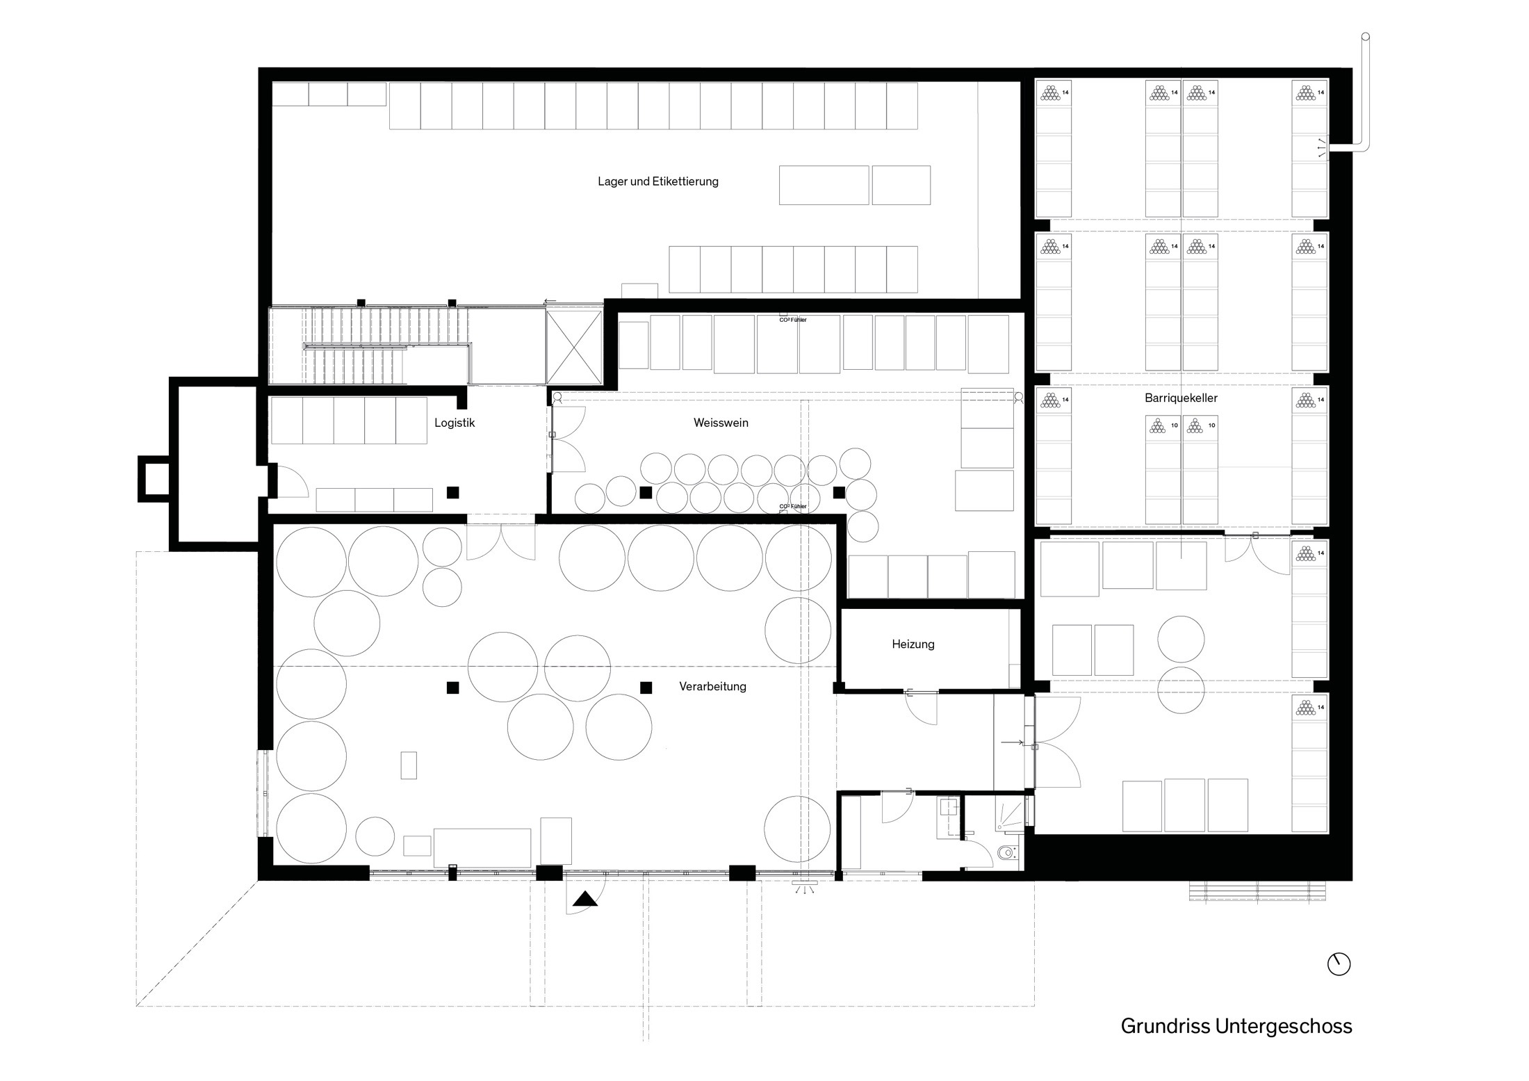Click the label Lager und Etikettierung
[x=657, y=182]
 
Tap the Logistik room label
[x=455, y=423]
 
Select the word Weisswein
[x=721, y=423]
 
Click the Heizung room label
[x=913, y=644]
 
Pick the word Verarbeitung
[x=712, y=687]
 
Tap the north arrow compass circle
[x=1339, y=964]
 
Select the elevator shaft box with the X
[x=573, y=347]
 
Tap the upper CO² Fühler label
[x=793, y=320]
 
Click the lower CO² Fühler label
[x=793, y=506]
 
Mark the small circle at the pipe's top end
[x=1365, y=36]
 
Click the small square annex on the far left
[x=155, y=478]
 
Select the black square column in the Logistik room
[x=453, y=492]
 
